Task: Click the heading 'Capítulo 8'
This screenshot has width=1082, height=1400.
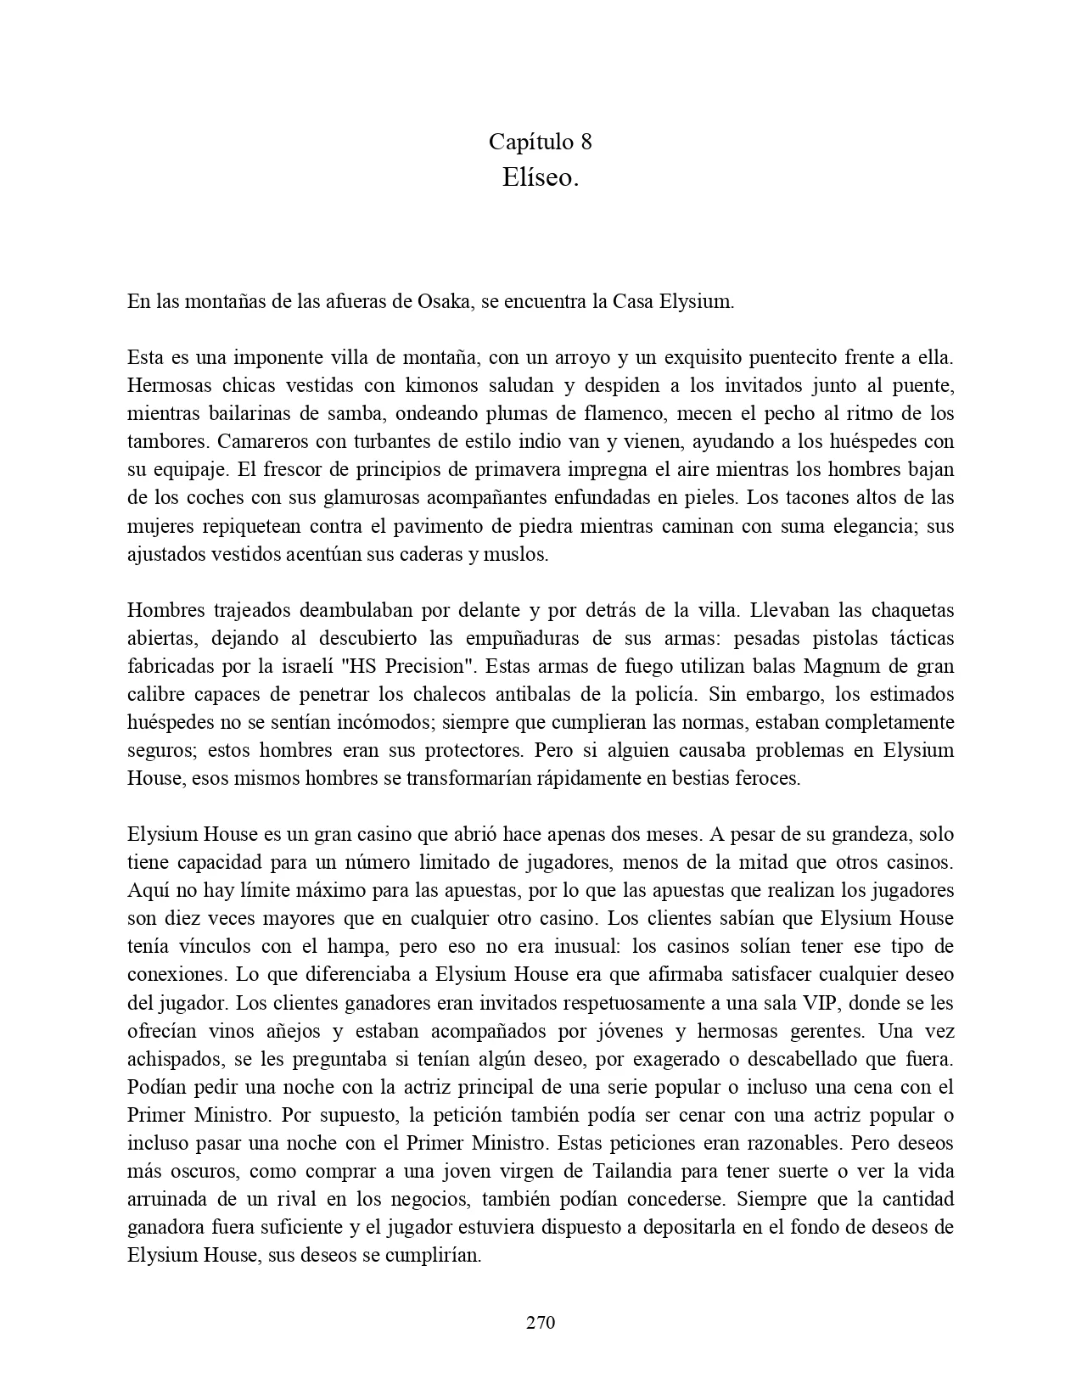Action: pos(541,141)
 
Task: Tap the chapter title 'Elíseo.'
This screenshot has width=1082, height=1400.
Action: pos(541,177)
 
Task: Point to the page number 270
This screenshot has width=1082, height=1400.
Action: pos(541,1322)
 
